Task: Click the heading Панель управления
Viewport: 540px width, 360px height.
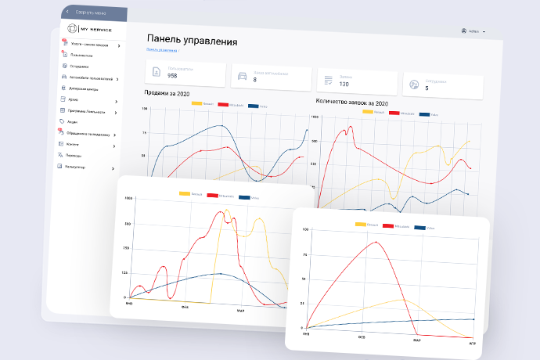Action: [x=192, y=41]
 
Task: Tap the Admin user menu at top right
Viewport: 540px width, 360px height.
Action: [x=473, y=31]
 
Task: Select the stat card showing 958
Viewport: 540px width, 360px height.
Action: [x=185, y=75]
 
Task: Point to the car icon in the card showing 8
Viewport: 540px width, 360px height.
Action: [x=242, y=77]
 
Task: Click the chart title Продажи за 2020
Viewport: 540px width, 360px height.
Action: [x=167, y=93]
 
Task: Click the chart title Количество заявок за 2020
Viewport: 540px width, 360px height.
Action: [x=352, y=102]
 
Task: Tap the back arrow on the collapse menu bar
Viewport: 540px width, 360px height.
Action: [x=67, y=13]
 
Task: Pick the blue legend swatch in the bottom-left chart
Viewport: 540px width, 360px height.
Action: [x=244, y=195]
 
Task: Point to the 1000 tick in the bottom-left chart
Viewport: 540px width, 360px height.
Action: [x=128, y=199]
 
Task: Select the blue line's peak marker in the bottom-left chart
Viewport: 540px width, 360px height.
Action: [x=221, y=273]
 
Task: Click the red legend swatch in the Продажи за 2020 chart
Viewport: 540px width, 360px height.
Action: [x=222, y=105]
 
